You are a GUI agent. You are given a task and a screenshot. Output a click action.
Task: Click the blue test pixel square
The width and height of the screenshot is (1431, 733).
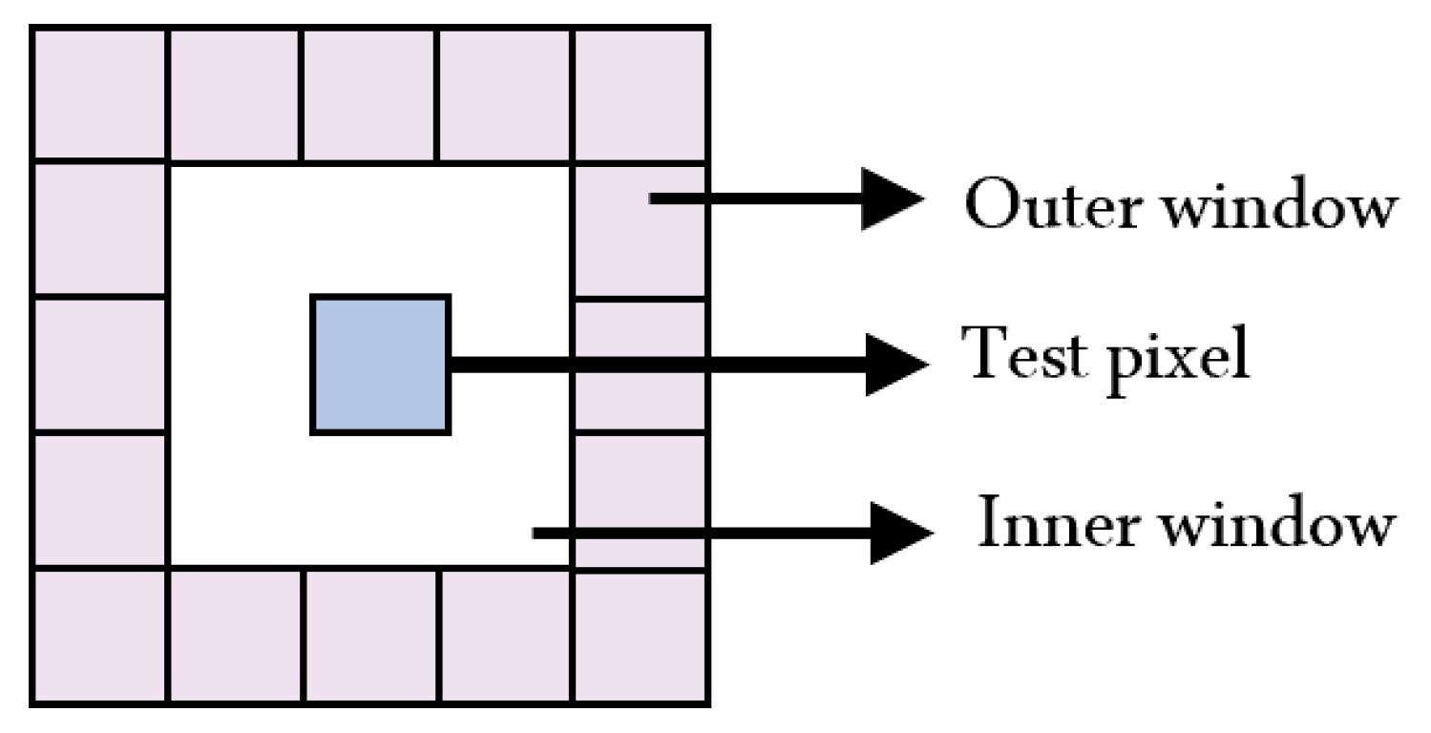point(380,365)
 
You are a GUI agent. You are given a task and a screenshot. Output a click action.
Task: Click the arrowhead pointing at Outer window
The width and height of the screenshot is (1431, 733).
point(893,199)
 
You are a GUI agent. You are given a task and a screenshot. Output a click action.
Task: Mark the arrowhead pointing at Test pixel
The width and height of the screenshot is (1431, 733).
point(895,364)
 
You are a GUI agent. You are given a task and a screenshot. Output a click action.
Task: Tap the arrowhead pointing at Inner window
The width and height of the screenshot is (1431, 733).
point(898,534)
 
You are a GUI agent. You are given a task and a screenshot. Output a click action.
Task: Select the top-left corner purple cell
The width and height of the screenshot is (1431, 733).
point(100,94)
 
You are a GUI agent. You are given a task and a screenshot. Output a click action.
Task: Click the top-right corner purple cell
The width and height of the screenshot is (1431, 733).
point(640,94)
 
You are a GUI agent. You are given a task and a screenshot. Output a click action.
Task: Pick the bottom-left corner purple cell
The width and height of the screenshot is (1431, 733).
point(100,635)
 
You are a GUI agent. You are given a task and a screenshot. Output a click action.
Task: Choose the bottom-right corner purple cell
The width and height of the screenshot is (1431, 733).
point(640,635)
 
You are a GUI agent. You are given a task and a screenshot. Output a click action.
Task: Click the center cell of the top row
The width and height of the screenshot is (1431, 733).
point(368,94)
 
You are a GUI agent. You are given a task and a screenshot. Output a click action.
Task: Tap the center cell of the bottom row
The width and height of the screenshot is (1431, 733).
point(371,635)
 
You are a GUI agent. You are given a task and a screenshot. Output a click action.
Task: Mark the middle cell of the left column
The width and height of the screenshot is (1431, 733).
point(100,365)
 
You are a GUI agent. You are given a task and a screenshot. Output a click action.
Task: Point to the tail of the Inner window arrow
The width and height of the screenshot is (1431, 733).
point(537,534)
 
